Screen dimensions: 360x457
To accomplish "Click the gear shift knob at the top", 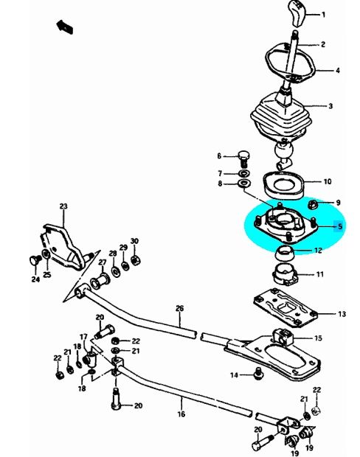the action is (x=297, y=13).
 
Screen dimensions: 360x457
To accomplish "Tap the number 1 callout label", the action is (x=323, y=14).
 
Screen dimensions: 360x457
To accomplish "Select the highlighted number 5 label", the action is (x=339, y=226).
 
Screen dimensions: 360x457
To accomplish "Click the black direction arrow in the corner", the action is (x=64, y=27).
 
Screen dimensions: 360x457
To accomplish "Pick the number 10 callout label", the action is (x=328, y=181).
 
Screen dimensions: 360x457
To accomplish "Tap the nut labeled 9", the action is (x=314, y=204).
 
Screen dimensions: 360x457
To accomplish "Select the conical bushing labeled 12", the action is (x=285, y=254).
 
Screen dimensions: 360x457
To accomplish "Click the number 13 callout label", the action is (x=342, y=314).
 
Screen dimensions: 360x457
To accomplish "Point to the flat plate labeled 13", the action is (x=285, y=307).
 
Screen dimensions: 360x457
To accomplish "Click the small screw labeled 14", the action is (x=258, y=373).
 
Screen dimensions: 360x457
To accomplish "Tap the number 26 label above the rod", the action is (x=180, y=308).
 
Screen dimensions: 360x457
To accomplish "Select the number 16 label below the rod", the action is (x=181, y=414).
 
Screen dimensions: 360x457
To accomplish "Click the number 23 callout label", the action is (x=63, y=206).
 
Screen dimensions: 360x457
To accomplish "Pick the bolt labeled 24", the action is (x=35, y=260).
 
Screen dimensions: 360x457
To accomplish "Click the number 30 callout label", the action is (x=134, y=241).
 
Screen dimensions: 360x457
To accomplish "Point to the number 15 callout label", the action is (x=318, y=338).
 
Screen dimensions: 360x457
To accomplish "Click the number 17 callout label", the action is (x=83, y=337).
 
